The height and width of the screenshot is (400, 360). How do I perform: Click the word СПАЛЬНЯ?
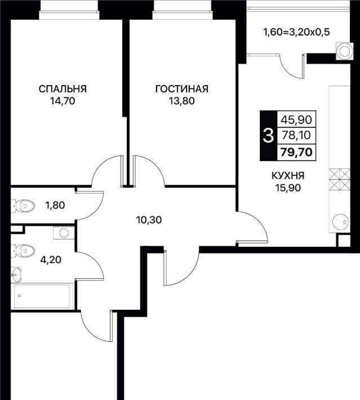[63, 89]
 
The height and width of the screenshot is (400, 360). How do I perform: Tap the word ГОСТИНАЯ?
[181, 89]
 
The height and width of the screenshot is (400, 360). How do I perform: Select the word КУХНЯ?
[288, 176]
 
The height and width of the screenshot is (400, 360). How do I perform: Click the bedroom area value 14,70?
[63, 101]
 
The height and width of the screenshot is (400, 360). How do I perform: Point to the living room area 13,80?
[181, 101]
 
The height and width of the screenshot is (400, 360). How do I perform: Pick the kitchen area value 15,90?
[288, 188]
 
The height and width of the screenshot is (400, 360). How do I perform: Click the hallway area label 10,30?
[149, 220]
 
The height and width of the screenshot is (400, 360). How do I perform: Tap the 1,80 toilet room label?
[55, 205]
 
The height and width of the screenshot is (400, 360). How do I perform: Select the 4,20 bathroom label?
[51, 260]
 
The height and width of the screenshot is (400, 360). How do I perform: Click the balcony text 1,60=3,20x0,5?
[296, 32]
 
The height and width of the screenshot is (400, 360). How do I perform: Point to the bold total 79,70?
[296, 152]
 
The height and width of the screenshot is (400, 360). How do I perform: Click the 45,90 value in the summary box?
[296, 119]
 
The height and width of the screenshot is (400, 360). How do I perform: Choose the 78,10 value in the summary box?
[296, 135]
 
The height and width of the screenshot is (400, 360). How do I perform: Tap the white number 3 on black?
[268, 135]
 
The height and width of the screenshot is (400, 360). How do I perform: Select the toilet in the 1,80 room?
[23, 206]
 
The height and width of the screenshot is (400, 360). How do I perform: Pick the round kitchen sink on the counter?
[341, 222]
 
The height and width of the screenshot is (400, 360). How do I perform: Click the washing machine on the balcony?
[344, 51]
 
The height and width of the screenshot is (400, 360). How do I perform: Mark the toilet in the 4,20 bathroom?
[23, 251]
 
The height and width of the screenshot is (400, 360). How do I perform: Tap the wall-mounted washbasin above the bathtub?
[16, 274]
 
